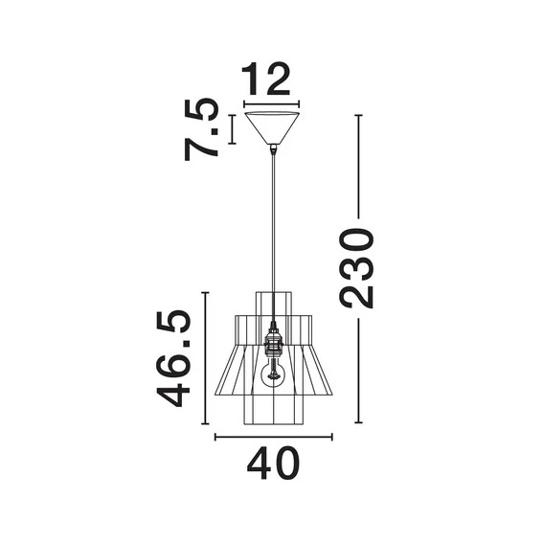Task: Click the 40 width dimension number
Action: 272,465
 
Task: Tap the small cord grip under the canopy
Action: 274,148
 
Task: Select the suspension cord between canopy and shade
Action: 274,220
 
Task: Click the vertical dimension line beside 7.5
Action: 231,130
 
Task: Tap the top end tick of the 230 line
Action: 359,116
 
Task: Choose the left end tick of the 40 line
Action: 215,438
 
